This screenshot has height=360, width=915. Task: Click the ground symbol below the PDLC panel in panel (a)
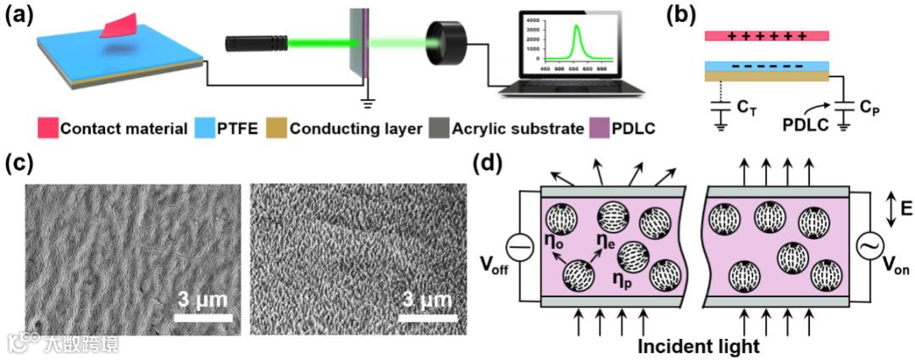click(x=367, y=105)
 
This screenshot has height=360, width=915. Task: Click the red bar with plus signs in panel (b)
click(x=766, y=36)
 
